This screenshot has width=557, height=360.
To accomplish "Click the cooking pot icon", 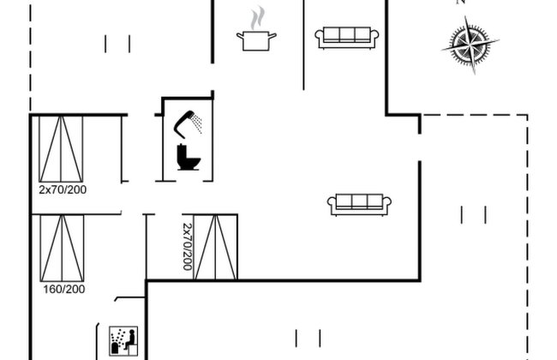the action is point(256,41).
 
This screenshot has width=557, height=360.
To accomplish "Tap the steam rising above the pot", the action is point(258,18).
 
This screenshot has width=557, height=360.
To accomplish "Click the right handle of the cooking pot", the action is point(273,35).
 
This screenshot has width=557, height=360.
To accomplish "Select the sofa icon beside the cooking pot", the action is point(347,38).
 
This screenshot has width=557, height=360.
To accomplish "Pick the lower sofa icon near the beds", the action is point(359,204).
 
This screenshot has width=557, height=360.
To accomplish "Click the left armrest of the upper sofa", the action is point(320,35).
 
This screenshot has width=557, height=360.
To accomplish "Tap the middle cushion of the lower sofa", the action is point(359,201).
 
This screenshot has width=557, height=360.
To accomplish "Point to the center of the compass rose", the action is point(470,45).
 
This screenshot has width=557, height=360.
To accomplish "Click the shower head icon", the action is point(184,124).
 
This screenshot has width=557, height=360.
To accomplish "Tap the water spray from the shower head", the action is point(197,123).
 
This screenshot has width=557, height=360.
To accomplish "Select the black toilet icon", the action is point(188,157).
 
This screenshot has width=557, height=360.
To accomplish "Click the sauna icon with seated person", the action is point(123,341).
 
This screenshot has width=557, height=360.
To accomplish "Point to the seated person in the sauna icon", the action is point(130,339).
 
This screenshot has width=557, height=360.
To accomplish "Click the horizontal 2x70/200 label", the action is point(63,189).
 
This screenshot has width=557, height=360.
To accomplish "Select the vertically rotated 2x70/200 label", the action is point(187,247).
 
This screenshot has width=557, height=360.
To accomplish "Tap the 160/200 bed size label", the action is point(64,289).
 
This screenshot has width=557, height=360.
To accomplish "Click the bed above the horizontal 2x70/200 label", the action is point(61,148).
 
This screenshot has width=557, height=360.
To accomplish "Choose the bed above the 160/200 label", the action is point(63,248).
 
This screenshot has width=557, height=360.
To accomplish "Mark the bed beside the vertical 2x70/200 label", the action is point(215,247).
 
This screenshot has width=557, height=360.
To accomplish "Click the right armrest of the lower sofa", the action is point(387,202).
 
